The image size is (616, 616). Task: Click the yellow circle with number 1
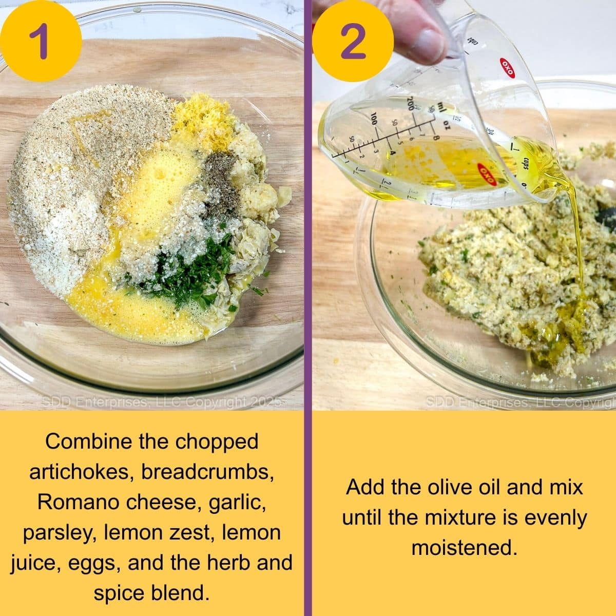(x=41, y=41)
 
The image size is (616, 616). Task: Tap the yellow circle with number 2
(x=353, y=41)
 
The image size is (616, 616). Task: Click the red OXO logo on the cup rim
(x=507, y=67)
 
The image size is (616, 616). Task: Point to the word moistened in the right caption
(x=464, y=548)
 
